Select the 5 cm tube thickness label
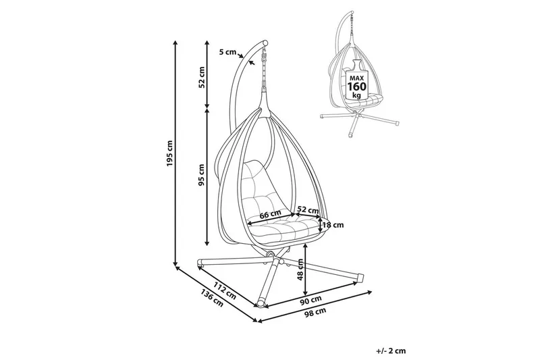point(228,52)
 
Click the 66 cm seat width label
point(269,215)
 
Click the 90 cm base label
point(312,299)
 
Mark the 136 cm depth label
point(211,298)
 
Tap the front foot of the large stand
point(260,301)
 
